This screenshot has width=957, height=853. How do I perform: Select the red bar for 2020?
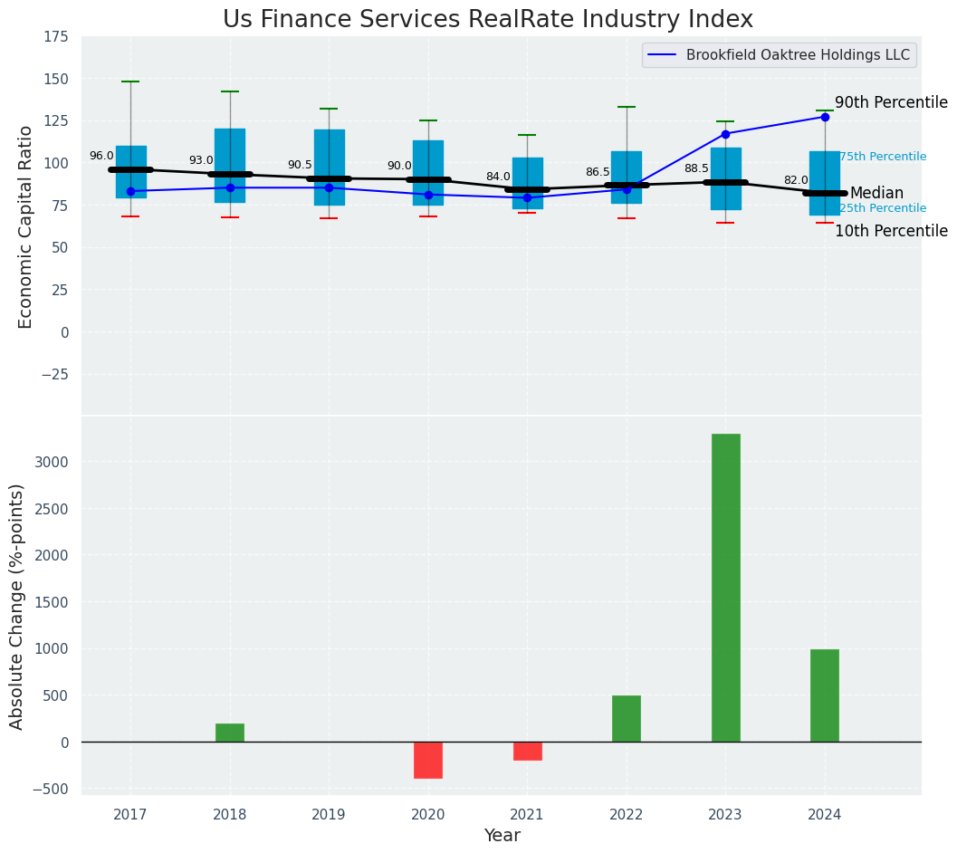click(428, 760)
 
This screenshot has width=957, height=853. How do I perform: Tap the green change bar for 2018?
click(230, 733)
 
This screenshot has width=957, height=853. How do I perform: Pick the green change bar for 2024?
click(824, 695)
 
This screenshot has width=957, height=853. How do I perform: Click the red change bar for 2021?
click(527, 751)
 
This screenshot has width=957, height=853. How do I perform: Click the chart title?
click(487, 20)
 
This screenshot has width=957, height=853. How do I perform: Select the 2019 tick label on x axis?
click(329, 815)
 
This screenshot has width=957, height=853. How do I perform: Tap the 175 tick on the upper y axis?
click(55, 37)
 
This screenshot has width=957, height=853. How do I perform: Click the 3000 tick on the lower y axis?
click(51, 462)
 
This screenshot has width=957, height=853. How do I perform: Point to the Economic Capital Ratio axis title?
click(26, 226)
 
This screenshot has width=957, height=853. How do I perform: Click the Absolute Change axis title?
click(17, 606)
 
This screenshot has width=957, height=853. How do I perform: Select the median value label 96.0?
click(101, 157)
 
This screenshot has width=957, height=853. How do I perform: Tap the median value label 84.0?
click(498, 177)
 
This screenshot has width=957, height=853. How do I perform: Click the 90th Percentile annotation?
click(891, 103)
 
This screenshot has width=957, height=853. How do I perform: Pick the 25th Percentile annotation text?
click(883, 208)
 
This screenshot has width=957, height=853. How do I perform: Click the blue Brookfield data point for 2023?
click(725, 134)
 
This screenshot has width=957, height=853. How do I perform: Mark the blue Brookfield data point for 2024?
click(825, 117)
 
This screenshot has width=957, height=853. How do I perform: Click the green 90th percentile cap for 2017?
click(130, 81)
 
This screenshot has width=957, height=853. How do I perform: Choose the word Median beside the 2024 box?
click(876, 194)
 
